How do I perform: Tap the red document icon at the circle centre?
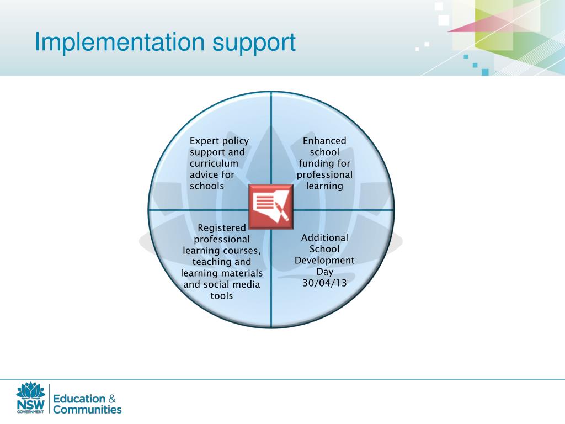pyautogui.click(x=271, y=206)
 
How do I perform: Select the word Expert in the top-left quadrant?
pyautogui.click(x=204, y=141)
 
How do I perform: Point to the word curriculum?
pyautogui.click(x=214, y=163)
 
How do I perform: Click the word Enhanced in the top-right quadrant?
pyautogui.click(x=325, y=141)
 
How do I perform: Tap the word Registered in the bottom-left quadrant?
pyautogui.click(x=222, y=228)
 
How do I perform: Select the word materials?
pyautogui.click(x=241, y=273)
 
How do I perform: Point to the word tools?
pyautogui.click(x=222, y=296)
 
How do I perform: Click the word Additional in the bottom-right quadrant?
pyautogui.click(x=324, y=238)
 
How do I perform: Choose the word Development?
pyautogui.click(x=324, y=260)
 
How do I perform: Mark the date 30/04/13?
pyautogui.click(x=324, y=283)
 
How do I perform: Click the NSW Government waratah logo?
pyautogui.click(x=30, y=397)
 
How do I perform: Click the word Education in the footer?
pyautogui.click(x=78, y=399)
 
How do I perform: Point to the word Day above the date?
pyautogui.click(x=324, y=272)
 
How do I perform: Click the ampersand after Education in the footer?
pyautogui.click(x=111, y=399)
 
